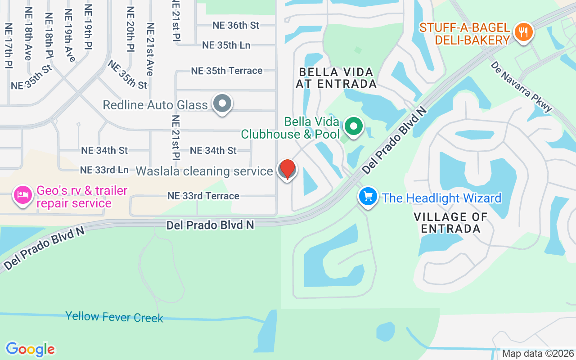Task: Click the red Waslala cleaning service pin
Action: pos(287,170)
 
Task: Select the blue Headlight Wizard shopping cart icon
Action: pos(368,197)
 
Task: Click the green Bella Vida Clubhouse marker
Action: pos(354,126)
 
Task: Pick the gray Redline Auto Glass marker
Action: pos(222,103)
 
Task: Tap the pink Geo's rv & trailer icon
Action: pos(22,195)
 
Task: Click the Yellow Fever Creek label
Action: pos(114,317)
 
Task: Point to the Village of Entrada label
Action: pos(450,223)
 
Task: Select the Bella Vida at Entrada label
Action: pos(336,78)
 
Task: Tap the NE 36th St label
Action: pos(236,25)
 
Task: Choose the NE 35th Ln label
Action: pos(226,45)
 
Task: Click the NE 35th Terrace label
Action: pos(226,71)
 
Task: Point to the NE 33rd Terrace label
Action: pos(203,196)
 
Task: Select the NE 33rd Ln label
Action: pos(104,170)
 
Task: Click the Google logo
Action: pos(30,349)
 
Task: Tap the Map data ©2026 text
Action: pos(538,353)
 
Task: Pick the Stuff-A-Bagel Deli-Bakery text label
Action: pos(465,34)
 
